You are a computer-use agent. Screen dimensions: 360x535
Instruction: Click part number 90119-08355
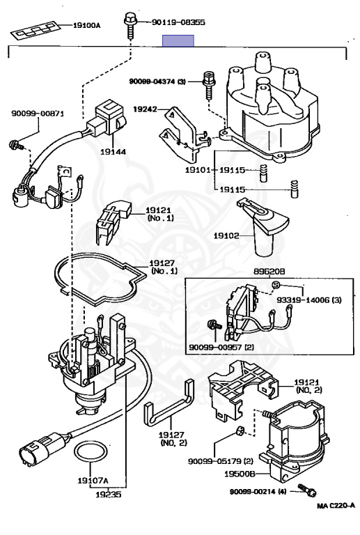(178, 22)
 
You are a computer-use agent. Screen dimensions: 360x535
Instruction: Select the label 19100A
(86, 25)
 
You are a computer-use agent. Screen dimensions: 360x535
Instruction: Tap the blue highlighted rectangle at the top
(178, 40)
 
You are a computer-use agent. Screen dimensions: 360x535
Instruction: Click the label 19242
(145, 109)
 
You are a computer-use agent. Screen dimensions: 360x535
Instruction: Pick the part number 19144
(113, 151)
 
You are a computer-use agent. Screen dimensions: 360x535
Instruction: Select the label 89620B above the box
(269, 272)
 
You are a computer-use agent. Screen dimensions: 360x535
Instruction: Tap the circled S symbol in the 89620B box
(276, 284)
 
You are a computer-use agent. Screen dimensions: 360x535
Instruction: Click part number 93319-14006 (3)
(309, 300)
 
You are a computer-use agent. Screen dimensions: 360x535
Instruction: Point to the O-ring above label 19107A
(91, 452)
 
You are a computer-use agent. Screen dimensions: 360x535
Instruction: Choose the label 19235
(109, 495)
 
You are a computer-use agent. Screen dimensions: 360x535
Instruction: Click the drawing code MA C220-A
(336, 506)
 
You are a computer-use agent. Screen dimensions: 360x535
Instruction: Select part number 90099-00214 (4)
(258, 492)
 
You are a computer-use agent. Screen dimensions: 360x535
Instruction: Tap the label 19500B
(240, 474)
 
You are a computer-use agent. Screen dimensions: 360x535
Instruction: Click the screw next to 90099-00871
(16, 145)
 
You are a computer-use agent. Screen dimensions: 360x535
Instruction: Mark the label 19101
(197, 170)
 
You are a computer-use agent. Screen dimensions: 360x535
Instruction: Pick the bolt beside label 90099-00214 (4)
(307, 490)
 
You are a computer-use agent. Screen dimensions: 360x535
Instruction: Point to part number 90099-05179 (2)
(221, 461)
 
